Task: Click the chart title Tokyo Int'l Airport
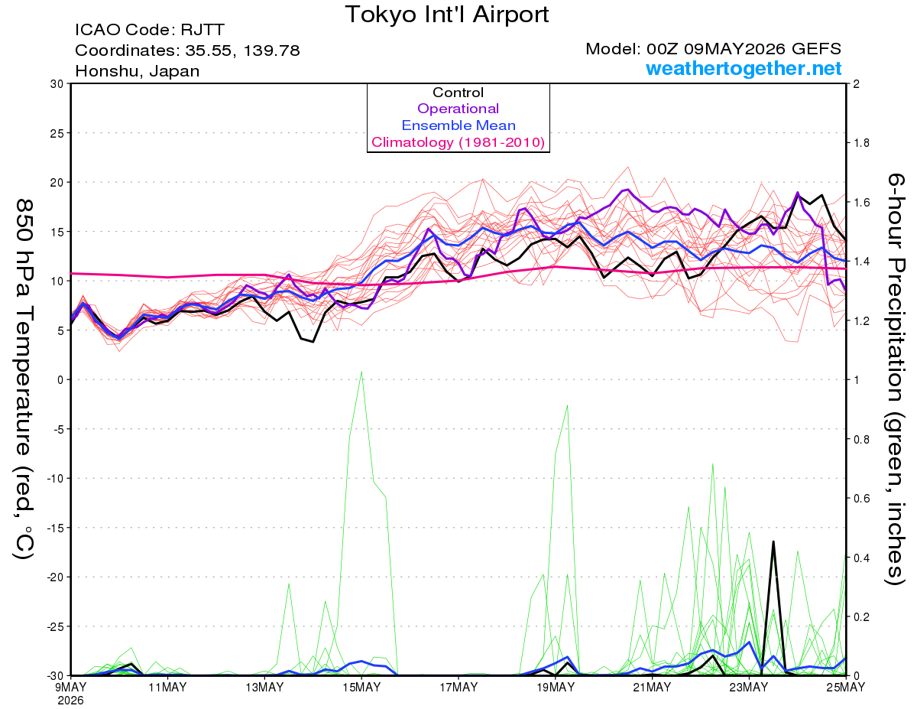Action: pos(447,15)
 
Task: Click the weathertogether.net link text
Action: pos(744,68)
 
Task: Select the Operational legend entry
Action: pos(458,109)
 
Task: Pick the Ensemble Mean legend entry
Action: pos(458,125)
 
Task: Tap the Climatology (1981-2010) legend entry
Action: pos(458,142)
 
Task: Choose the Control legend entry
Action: pos(458,92)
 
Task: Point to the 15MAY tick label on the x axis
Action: pos(361,688)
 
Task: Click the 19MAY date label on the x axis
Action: pos(556,688)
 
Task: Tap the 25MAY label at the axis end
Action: pos(846,688)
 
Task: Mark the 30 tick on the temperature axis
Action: pos(57,84)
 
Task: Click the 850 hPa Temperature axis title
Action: pos(24,380)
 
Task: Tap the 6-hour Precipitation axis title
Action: pos(896,379)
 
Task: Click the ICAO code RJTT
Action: pos(203,30)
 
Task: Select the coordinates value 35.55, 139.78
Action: pos(243,50)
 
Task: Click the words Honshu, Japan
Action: pos(138,71)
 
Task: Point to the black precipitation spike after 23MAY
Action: pos(773,542)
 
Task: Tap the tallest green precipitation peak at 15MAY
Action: pos(361,372)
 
